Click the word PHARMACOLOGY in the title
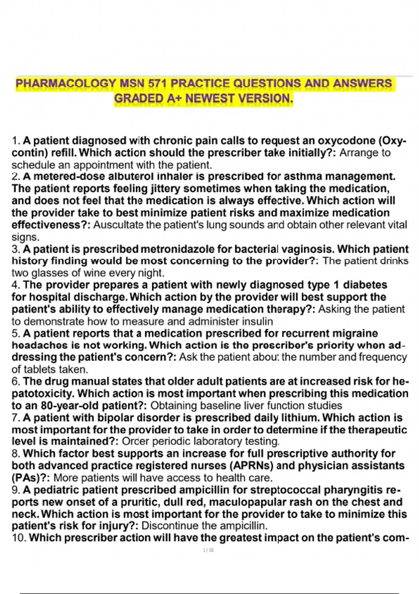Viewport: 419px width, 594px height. tap(65, 84)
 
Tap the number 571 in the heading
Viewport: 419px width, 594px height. tap(157, 84)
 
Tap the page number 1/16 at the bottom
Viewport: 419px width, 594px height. tap(208, 550)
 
